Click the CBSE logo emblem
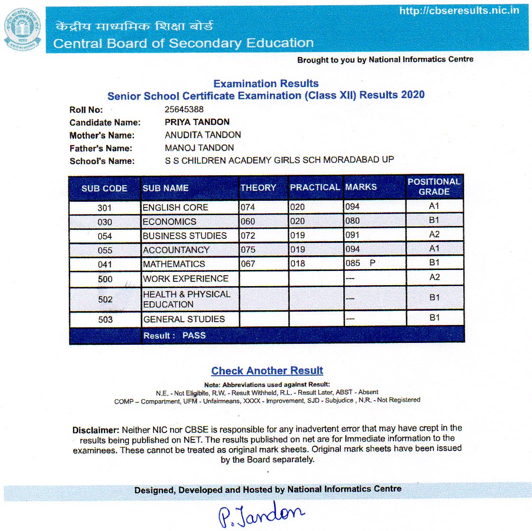[22, 29]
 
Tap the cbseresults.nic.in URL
[459, 10]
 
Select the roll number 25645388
[184, 109]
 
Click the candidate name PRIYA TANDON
[197, 122]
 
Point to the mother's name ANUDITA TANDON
[202, 135]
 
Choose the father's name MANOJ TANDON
[199, 148]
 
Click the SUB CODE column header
[104, 189]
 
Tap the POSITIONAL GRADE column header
[434, 187]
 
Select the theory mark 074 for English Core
[248, 207]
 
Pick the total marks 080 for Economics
[352, 221]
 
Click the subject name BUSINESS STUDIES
[184, 235]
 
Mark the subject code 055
[105, 250]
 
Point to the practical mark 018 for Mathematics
[297, 263]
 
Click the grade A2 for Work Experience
[434, 277]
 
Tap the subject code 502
[105, 299]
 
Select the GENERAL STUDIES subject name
[184, 319]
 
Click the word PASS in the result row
[194, 335]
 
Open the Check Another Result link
[267, 371]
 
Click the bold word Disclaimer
[96, 431]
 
